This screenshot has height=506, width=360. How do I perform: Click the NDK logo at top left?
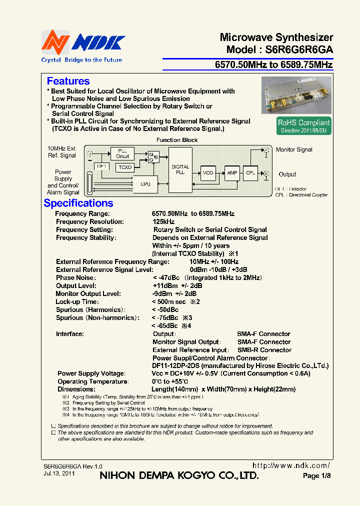(x=82, y=43)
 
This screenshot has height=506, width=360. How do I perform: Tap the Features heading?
(x=68, y=81)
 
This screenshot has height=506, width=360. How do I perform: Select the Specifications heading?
(x=78, y=203)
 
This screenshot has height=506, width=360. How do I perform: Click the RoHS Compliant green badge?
(x=304, y=125)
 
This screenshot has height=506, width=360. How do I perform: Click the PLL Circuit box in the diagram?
(x=122, y=153)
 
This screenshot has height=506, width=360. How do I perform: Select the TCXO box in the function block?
(x=125, y=167)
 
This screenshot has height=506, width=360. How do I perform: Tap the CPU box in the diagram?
(x=145, y=184)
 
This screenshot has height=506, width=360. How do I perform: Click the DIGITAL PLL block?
(x=180, y=169)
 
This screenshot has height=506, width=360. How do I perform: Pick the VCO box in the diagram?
(x=208, y=172)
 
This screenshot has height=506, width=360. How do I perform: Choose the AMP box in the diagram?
(x=232, y=172)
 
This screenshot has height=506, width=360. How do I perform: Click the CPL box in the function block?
(x=250, y=172)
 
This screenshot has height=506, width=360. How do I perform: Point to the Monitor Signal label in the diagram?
(x=294, y=149)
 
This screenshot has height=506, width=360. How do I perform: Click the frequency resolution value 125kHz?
(x=163, y=221)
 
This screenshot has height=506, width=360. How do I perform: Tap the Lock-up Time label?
(x=77, y=301)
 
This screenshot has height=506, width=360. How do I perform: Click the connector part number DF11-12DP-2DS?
(x=175, y=365)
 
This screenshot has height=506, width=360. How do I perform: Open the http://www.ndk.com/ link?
(x=291, y=465)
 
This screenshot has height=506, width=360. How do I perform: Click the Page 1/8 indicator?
(x=316, y=476)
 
